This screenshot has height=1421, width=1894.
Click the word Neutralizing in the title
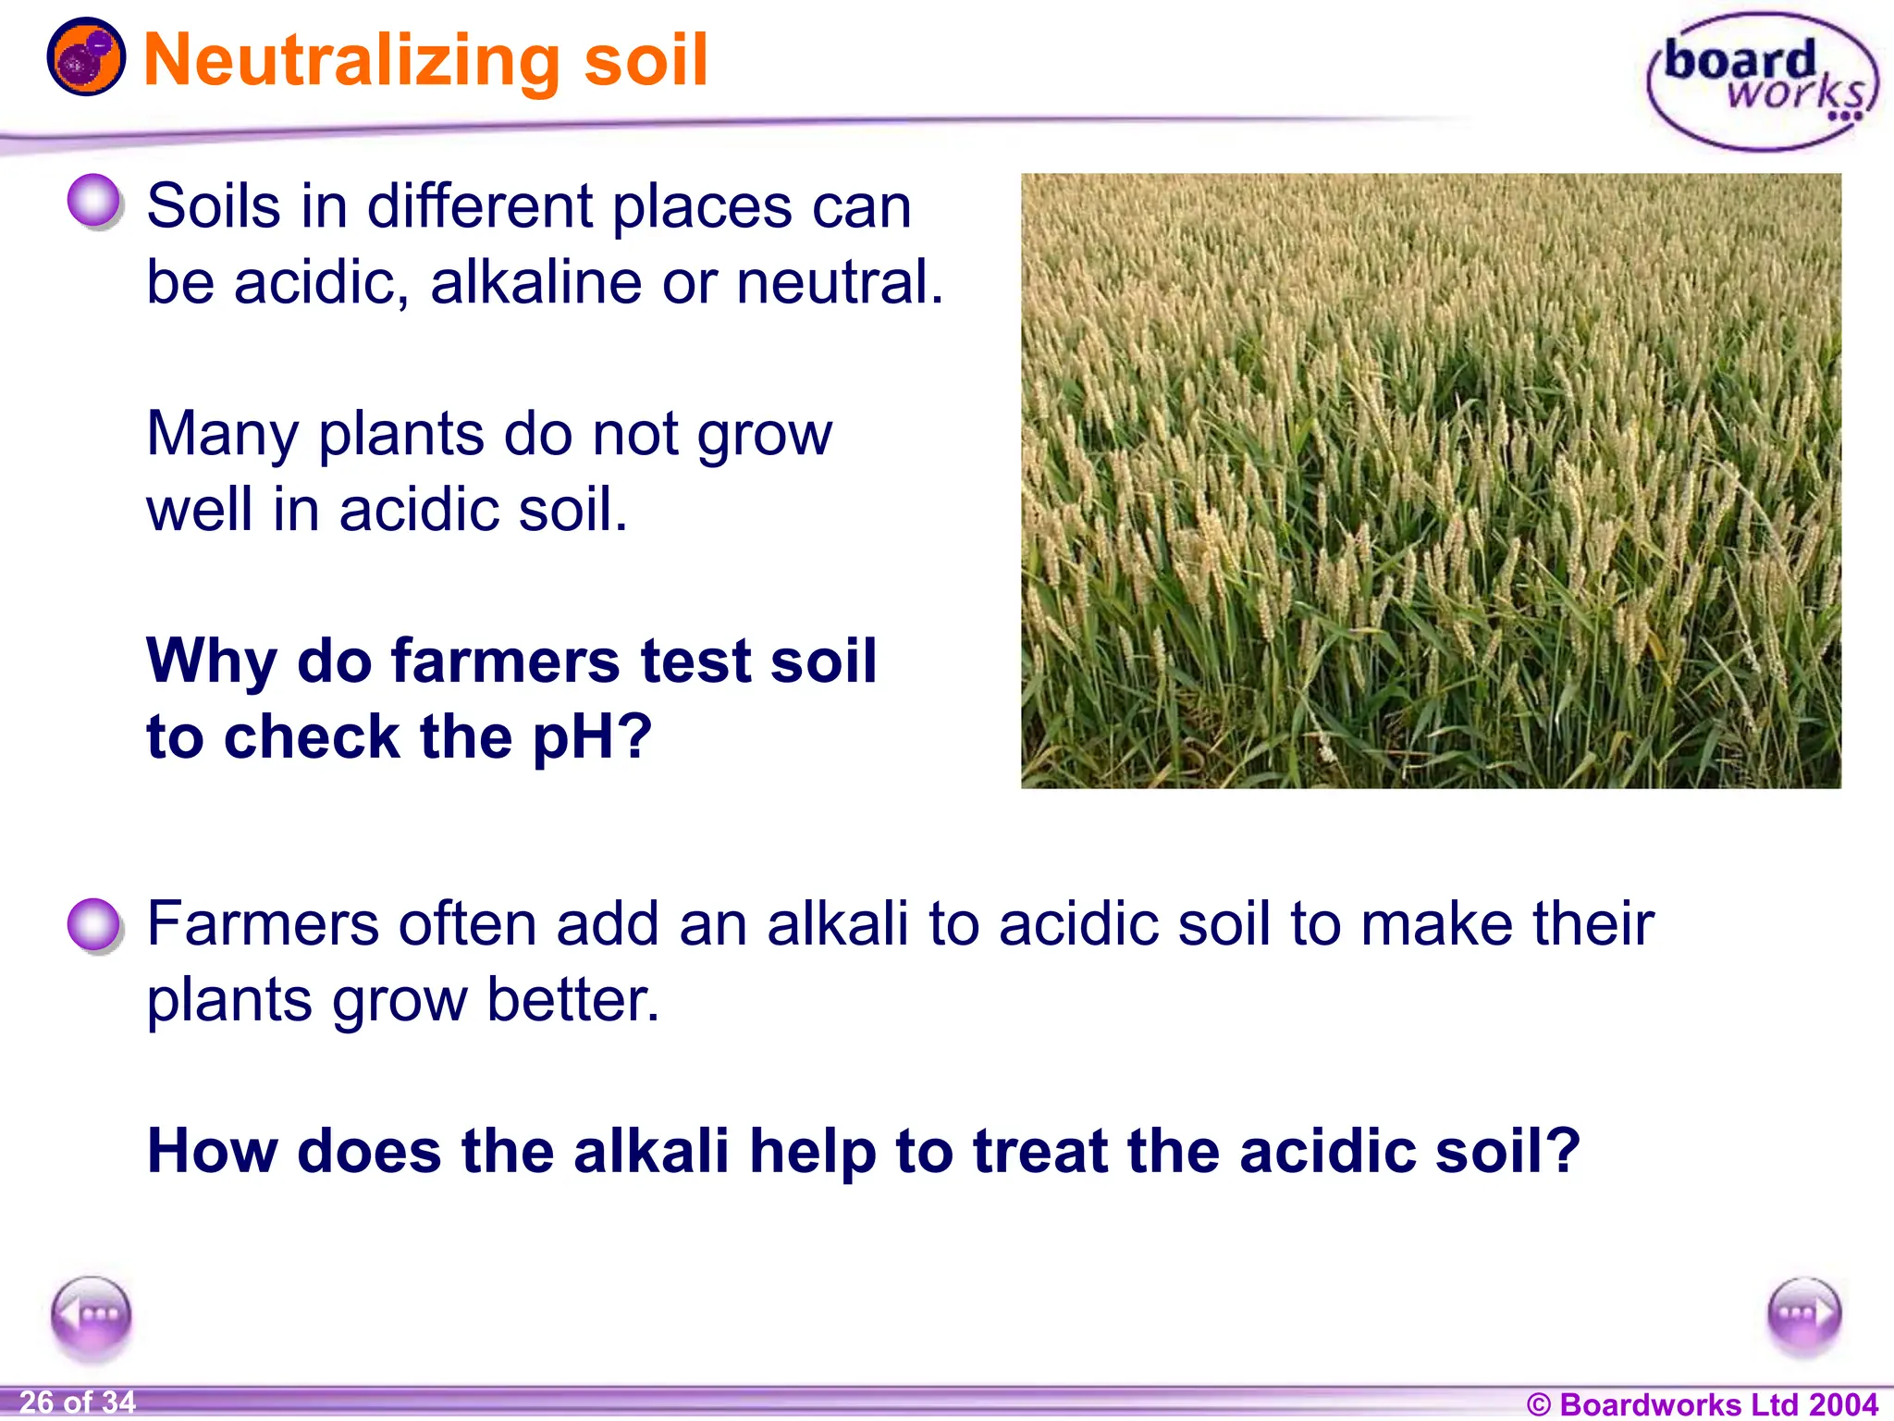click(351, 61)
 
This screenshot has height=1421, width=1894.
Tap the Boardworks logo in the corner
click(1763, 81)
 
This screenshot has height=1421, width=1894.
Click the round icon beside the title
click(86, 57)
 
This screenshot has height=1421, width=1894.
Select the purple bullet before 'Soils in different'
click(94, 201)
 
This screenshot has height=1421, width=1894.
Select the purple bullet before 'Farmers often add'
click(94, 924)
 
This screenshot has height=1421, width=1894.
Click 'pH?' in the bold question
click(593, 738)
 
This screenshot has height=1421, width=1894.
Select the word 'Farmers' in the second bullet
click(263, 924)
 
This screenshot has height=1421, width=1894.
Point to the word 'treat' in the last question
click(1040, 1151)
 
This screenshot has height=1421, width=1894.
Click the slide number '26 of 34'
click(78, 1402)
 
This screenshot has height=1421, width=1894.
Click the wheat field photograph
click(1430, 481)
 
